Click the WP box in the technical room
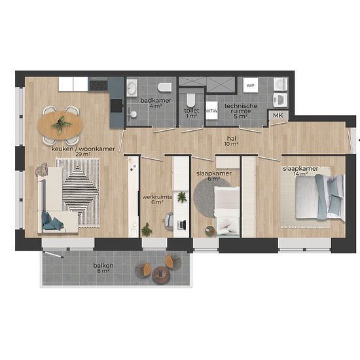(x=251, y=85)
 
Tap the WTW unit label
(x=211, y=111)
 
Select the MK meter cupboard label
(x=278, y=115)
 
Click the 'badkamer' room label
(x=156, y=101)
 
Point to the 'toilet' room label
(x=192, y=111)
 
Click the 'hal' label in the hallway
(x=232, y=139)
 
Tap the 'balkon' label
(x=103, y=265)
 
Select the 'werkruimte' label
(x=157, y=197)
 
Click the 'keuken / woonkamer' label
(x=83, y=149)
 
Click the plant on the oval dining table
(x=61, y=124)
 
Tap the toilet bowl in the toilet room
(x=190, y=100)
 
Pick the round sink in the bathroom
(x=132, y=88)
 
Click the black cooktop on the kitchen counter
(x=99, y=84)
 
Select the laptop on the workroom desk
(x=181, y=225)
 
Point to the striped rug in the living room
(x=78, y=192)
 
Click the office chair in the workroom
(x=169, y=221)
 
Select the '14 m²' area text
(x=300, y=174)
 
